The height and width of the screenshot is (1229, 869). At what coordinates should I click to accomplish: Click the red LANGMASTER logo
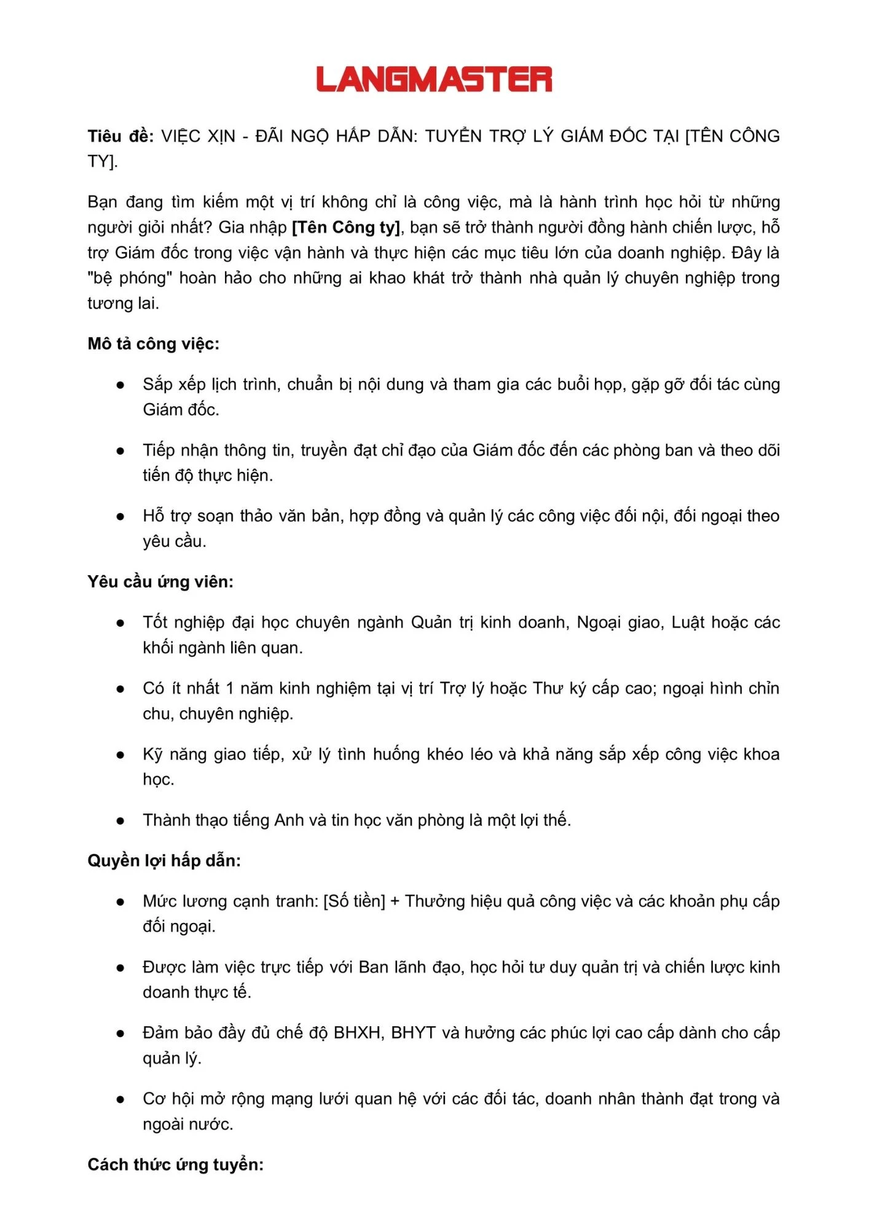click(434, 80)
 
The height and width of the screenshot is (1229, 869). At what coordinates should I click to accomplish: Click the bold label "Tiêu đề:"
click(120, 136)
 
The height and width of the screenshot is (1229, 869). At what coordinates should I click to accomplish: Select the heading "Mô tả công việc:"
click(153, 344)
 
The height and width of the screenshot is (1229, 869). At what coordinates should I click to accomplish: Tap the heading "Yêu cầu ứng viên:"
click(160, 581)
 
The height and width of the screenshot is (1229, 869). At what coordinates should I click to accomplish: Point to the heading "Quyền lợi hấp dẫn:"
click(164, 860)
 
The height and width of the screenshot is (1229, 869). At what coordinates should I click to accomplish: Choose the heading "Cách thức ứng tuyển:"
click(175, 1164)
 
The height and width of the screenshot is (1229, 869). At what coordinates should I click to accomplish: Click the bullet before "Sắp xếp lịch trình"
click(121, 385)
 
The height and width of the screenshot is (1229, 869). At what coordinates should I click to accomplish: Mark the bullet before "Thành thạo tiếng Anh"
click(121, 821)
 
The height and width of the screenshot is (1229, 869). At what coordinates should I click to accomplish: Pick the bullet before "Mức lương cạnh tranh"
click(121, 902)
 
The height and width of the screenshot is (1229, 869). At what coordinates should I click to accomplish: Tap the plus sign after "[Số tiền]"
click(395, 901)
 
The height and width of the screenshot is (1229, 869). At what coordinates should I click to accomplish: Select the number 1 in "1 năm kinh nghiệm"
click(229, 688)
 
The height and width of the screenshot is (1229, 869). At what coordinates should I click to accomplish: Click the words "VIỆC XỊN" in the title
click(198, 136)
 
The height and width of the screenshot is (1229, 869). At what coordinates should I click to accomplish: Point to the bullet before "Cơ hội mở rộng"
click(121, 1099)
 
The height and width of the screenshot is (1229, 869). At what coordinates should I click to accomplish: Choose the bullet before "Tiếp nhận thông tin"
click(121, 451)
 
